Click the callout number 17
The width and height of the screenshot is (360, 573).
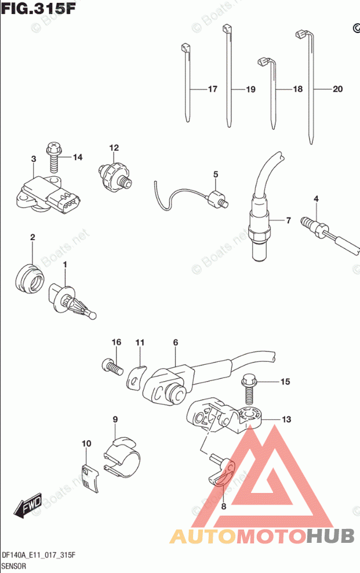[212, 89]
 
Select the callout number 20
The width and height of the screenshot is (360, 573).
[337, 89]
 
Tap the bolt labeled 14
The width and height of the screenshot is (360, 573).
[54, 157]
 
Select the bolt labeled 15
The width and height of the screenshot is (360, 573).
[249, 392]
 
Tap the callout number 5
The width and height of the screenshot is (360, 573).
[215, 174]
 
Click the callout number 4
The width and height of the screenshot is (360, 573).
[316, 200]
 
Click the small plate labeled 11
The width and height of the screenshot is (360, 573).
[136, 376]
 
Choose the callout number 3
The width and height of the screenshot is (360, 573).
[34, 159]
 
